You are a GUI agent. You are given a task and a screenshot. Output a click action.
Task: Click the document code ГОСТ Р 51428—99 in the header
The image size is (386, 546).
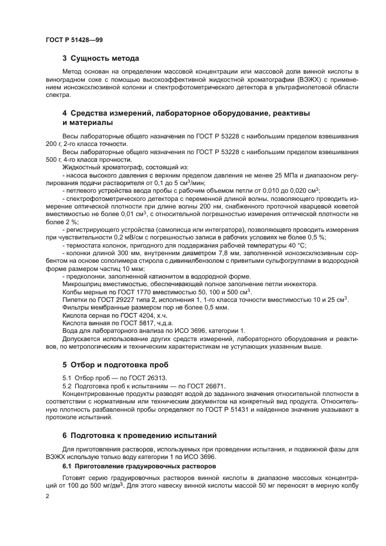(x=74, y=39)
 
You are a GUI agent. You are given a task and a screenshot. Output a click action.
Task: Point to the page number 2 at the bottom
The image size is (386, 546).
(x=47, y=496)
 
